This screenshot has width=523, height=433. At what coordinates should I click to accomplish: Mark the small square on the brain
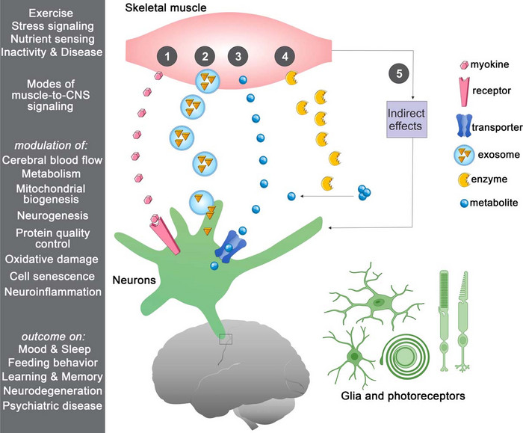tap(226, 340)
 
